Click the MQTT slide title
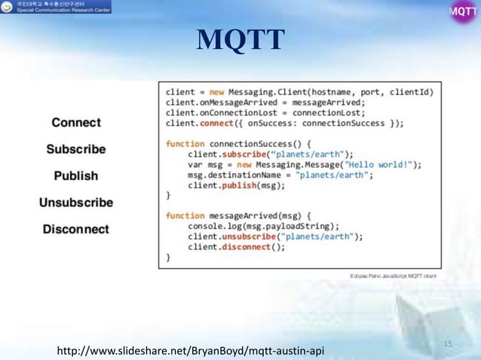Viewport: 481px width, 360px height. point(240,41)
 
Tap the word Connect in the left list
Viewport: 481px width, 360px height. point(76,122)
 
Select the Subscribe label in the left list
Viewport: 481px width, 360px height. point(75,149)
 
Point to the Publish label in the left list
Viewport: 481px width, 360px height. point(75,175)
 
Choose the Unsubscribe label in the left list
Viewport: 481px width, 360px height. point(75,203)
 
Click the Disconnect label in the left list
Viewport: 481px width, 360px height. point(75,229)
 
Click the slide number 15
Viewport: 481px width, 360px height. point(448,343)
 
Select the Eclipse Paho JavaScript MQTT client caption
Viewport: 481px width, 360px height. point(392,276)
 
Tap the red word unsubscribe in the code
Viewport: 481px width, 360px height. point(248,236)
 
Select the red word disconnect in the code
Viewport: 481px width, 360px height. point(242,247)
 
